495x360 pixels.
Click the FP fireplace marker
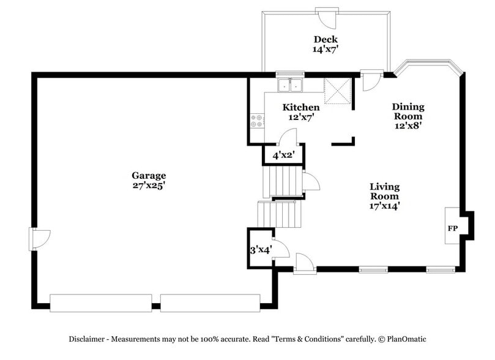tap(453, 228)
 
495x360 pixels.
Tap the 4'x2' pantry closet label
tap(284, 156)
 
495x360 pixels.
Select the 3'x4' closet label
tap(259, 250)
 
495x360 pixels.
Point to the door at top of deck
tap(326, 18)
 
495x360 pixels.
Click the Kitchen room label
tap(300, 108)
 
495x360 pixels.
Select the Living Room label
tap(384, 192)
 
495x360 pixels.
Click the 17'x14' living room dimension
tap(384, 206)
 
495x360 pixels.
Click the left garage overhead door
tap(101, 302)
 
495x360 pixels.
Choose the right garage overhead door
tap(210, 302)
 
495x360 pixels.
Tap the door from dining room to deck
tap(370, 80)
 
